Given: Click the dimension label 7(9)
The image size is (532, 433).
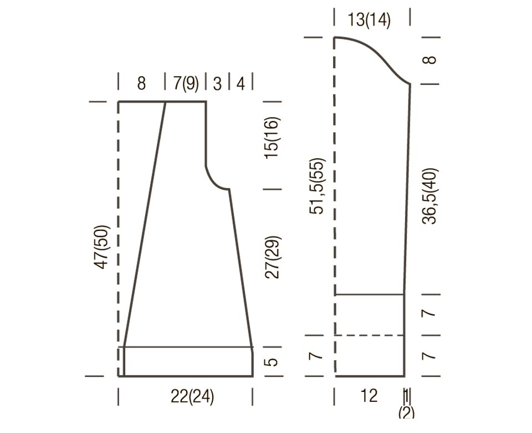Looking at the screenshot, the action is (186, 83).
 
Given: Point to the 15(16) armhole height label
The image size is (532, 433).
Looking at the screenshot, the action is (272, 138).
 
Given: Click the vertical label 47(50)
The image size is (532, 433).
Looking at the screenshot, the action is (103, 246).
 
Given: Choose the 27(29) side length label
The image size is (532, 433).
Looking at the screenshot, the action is (272, 257).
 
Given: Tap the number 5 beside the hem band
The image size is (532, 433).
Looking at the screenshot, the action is (272, 361).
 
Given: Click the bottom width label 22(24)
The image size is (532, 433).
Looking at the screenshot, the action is (192, 396).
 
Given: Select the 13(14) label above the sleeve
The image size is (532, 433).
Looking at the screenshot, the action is (369, 19).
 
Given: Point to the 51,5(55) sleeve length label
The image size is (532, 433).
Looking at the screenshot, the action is (317, 186).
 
